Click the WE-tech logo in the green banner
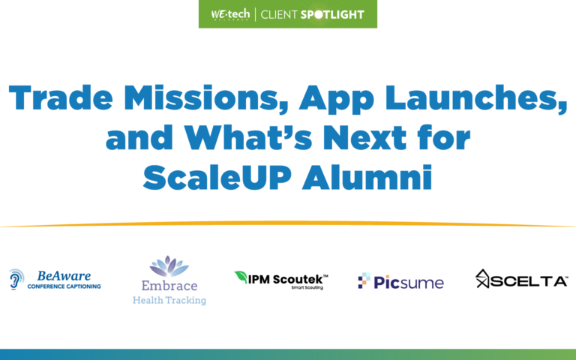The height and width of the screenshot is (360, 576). [x=226, y=14]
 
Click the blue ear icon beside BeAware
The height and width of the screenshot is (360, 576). [x=16, y=279]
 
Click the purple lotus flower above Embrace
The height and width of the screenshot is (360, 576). [x=169, y=267]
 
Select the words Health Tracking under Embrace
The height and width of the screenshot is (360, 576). [x=169, y=300]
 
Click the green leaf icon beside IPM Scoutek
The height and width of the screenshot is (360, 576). [x=241, y=276]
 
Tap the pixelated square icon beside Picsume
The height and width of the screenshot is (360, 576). [x=364, y=281]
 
